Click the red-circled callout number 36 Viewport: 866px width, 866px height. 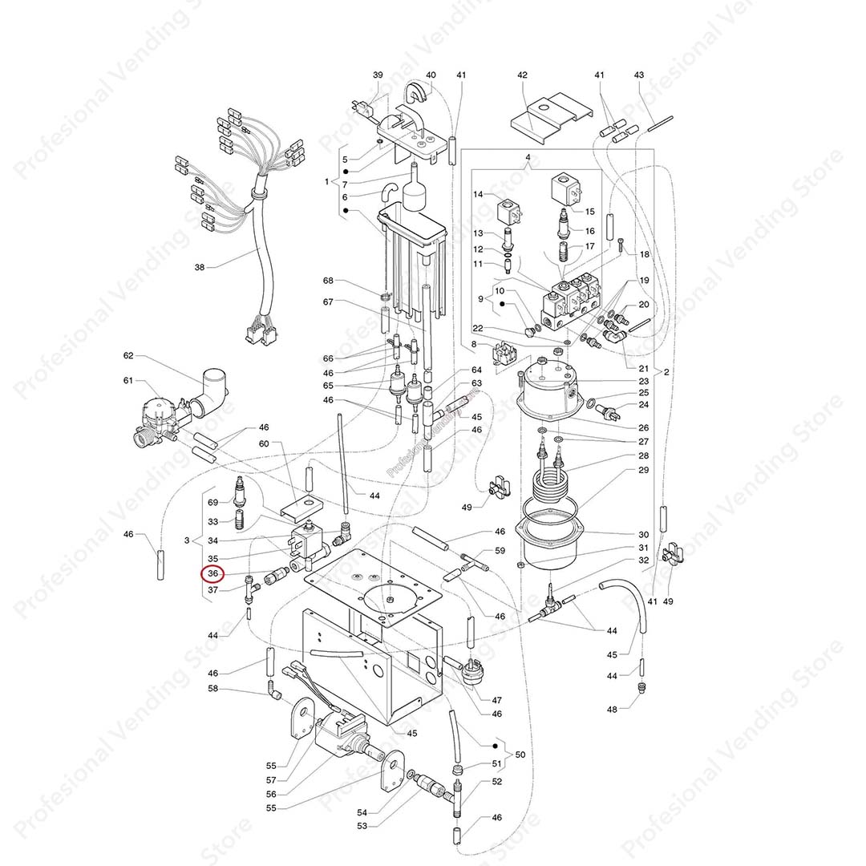(x=212, y=573)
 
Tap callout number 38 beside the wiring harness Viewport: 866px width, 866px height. (x=200, y=267)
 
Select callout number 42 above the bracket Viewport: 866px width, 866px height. (x=522, y=75)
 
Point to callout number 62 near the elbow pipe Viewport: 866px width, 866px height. (x=128, y=355)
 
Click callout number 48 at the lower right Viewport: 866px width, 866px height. (x=612, y=710)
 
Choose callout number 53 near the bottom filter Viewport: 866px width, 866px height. (x=362, y=825)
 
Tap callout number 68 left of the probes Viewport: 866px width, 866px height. (x=327, y=281)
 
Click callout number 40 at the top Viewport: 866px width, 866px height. (x=431, y=75)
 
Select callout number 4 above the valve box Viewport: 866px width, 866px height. (x=528, y=156)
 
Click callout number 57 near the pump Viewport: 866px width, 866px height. (x=271, y=780)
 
